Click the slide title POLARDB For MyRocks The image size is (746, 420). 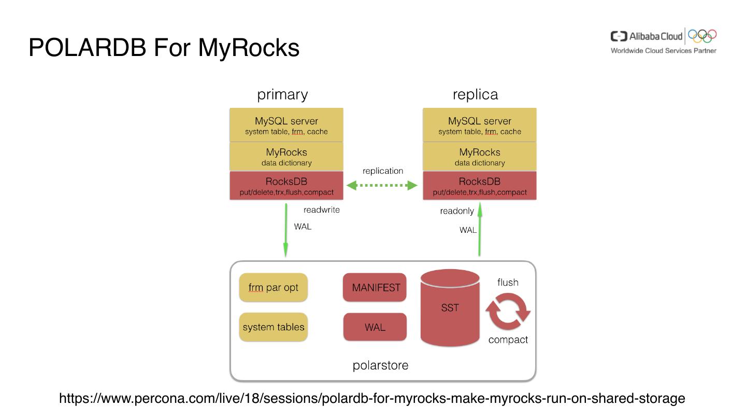point(164,48)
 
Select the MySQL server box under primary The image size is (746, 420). point(286,125)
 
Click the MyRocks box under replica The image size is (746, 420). point(480,157)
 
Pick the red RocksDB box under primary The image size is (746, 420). point(286,186)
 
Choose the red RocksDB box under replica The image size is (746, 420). point(480,186)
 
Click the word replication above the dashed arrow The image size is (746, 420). point(383,171)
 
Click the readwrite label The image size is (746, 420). point(322,210)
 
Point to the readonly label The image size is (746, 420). point(457,211)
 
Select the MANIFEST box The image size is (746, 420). point(375,288)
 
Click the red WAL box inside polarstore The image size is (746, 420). point(375,327)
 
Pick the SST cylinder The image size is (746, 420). point(450,308)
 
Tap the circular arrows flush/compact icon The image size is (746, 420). point(508,311)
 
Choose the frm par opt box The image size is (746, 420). point(273,287)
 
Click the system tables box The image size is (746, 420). point(273,327)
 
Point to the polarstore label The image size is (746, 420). point(380,366)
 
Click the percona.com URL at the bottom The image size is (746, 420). point(372,399)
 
